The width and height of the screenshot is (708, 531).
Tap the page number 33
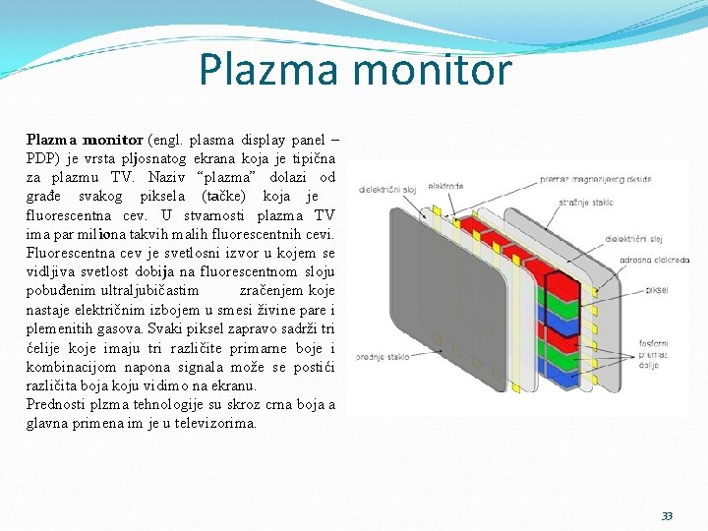click(x=667, y=516)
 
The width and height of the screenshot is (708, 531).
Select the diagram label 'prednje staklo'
click(x=383, y=358)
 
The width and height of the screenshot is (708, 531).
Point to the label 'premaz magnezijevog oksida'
click(x=595, y=180)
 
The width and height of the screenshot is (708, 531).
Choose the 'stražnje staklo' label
click(x=586, y=203)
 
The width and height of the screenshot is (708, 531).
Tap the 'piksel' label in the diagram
click(x=656, y=291)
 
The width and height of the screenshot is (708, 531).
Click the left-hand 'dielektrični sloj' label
click(x=387, y=190)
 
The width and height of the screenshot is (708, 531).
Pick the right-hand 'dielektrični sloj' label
click(x=633, y=238)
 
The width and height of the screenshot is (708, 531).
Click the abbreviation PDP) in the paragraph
click(x=43, y=159)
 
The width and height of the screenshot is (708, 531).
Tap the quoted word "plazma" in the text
click(x=233, y=177)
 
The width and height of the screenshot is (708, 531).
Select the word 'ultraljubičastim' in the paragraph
click(x=146, y=290)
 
